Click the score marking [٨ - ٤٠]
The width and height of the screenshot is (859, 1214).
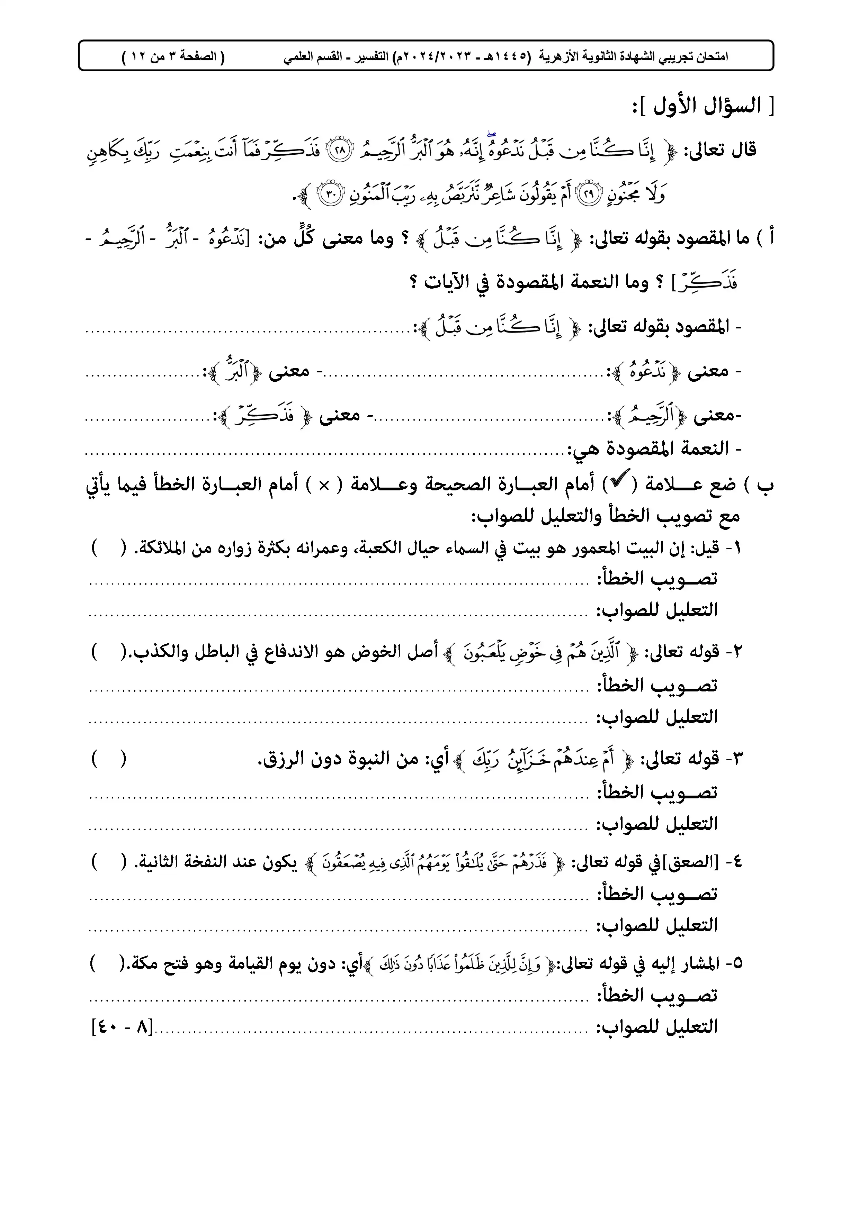click(122, 1029)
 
